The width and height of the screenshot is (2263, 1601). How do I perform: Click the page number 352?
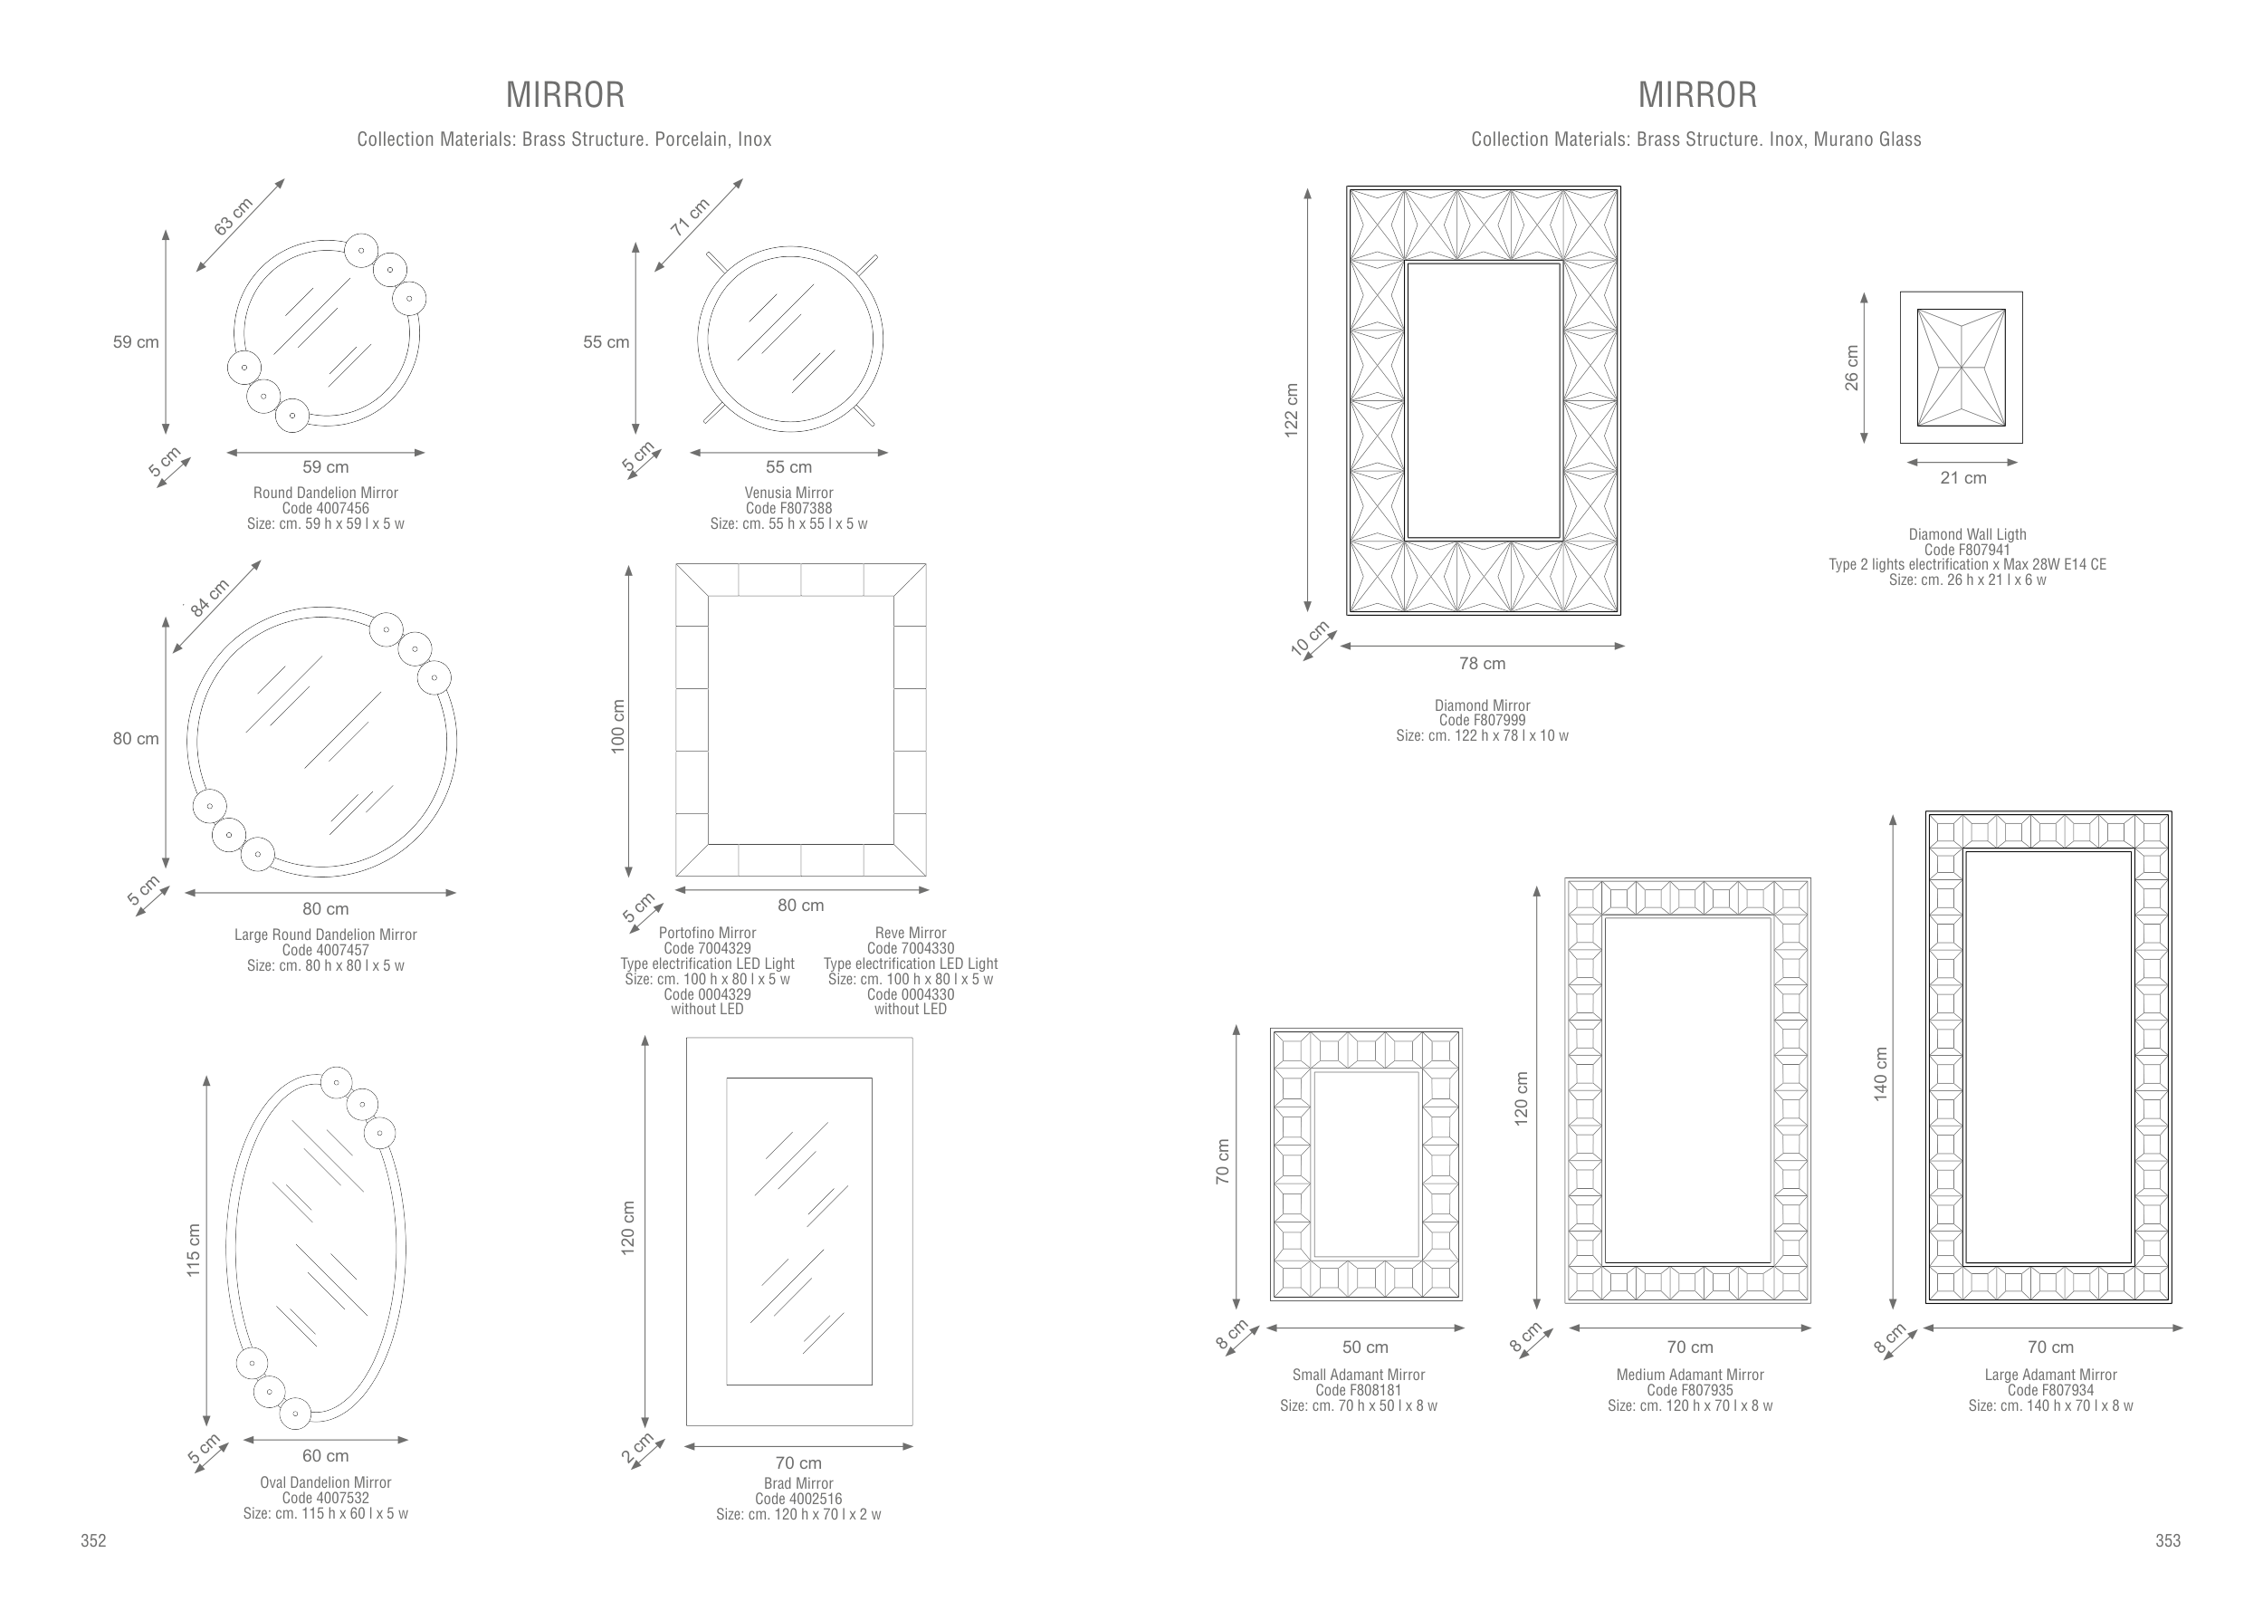pyautogui.click(x=92, y=1541)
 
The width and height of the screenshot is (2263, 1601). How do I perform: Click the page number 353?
pyautogui.click(x=2167, y=1541)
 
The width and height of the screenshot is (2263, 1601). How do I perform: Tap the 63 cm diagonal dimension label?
pyautogui.click(x=234, y=216)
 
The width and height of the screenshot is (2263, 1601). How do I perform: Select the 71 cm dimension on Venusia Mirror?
pyautogui.click(x=690, y=217)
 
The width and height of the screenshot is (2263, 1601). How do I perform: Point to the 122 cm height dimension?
pyautogui.click(x=1291, y=409)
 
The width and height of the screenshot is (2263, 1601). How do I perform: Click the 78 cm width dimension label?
pyautogui.click(x=1483, y=664)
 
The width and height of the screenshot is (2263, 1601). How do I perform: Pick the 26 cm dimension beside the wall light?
pyautogui.click(x=1852, y=368)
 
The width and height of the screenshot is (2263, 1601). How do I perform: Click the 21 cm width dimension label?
pyautogui.click(x=1963, y=478)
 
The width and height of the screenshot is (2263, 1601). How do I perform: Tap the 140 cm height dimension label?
pyautogui.click(x=1881, y=1074)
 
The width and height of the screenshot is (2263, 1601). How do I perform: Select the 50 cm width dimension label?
pyautogui.click(x=1365, y=1347)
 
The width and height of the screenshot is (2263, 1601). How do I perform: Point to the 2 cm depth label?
pyautogui.click(x=637, y=1448)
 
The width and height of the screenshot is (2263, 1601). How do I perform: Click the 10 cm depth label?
pyautogui.click(x=1310, y=638)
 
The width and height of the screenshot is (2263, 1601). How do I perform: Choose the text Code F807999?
pyautogui.click(x=1483, y=721)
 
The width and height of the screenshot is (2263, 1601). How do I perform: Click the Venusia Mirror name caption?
pyautogui.click(x=788, y=493)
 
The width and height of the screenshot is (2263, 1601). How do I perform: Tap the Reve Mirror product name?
pyautogui.click(x=911, y=933)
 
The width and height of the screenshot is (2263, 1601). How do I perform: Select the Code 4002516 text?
pyautogui.click(x=798, y=1499)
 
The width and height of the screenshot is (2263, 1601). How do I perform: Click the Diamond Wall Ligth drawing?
pyautogui.click(x=1962, y=367)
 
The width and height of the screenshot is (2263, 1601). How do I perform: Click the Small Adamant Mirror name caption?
pyautogui.click(x=1358, y=1375)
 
